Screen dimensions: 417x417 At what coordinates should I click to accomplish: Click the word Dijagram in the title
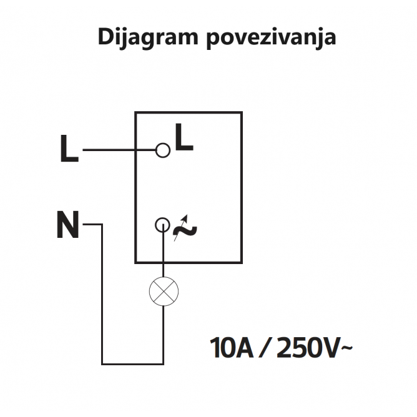pyautogui.click(x=148, y=38)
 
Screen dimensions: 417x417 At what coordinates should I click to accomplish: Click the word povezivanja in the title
pyautogui.click(x=272, y=38)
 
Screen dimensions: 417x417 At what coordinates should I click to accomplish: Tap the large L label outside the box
pyautogui.click(x=69, y=149)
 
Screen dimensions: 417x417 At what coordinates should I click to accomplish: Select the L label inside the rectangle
pyautogui.click(x=184, y=137)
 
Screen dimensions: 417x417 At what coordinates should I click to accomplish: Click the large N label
pyautogui.click(x=68, y=224)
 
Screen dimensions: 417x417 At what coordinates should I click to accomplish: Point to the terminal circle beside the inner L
pyautogui.click(x=163, y=150)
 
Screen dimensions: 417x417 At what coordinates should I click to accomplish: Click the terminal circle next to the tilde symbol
pyautogui.click(x=162, y=225)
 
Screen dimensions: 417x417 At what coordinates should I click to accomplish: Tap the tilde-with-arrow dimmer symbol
pyautogui.click(x=185, y=228)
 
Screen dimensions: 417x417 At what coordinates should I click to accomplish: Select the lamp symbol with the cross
pyautogui.click(x=164, y=291)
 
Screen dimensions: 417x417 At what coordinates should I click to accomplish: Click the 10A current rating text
pyautogui.click(x=232, y=348)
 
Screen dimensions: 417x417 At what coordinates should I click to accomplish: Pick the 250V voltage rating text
pyautogui.click(x=308, y=348)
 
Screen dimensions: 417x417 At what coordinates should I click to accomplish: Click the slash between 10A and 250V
pyautogui.click(x=265, y=348)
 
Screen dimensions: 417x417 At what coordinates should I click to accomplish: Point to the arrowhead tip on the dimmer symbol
pyautogui.click(x=187, y=215)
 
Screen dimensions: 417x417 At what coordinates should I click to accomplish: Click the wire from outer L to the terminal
pyautogui.click(x=119, y=150)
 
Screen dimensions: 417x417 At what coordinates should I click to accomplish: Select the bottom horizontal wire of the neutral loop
pyautogui.click(x=132, y=364)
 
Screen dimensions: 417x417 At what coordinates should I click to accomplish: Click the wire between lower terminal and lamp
pyautogui.click(x=164, y=255)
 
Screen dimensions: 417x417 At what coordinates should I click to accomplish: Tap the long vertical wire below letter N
pyautogui.click(x=102, y=294)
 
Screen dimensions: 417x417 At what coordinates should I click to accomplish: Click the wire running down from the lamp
pyautogui.click(x=164, y=335)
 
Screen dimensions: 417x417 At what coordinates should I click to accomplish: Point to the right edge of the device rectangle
pyautogui.click(x=242, y=187)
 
